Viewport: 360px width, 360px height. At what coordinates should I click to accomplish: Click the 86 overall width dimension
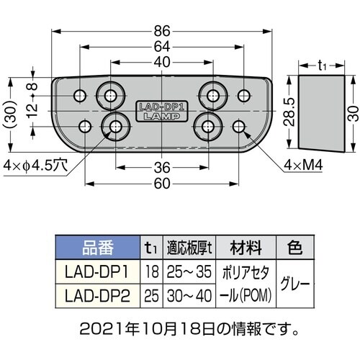click(x=162, y=31)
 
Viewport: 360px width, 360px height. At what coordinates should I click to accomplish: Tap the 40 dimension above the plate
click(x=162, y=63)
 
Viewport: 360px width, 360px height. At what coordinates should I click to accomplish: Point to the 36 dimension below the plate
click(x=162, y=168)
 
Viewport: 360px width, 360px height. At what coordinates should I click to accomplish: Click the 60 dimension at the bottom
click(x=162, y=184)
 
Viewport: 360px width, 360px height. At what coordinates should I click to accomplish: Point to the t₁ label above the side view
click(x=323, y=64)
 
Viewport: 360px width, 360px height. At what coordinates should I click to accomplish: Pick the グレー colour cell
click(x=296, y=283)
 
